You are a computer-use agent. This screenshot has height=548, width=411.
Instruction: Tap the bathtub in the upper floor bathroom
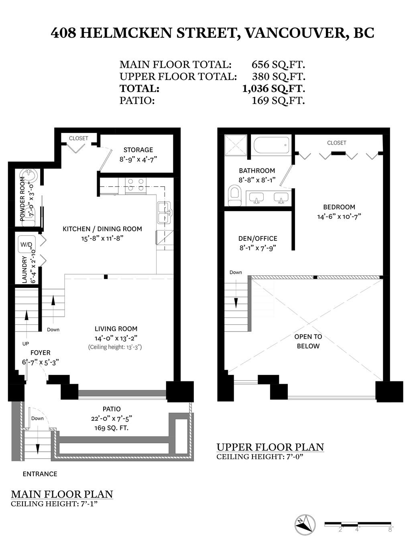271,145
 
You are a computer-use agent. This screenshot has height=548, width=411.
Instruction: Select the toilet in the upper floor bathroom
234,196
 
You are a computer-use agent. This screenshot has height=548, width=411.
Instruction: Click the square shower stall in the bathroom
236,145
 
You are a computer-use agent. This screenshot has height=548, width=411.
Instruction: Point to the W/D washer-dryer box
26,244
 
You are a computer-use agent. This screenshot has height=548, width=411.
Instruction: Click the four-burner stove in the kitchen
136,185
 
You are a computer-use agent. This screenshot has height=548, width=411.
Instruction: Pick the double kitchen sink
165,213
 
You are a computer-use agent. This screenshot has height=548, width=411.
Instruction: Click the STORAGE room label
138,150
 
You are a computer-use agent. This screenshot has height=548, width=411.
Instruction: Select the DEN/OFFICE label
258,238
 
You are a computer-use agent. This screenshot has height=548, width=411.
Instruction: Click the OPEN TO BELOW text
308,341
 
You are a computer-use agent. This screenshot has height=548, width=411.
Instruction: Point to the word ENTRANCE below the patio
40,474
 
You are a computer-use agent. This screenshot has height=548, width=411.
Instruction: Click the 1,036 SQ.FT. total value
274,88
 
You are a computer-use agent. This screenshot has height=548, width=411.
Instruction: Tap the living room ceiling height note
115,347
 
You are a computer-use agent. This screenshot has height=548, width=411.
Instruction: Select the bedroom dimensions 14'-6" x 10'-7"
339,216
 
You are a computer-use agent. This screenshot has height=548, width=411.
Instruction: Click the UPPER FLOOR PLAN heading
270,447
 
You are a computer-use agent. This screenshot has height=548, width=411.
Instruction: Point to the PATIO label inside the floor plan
112,409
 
